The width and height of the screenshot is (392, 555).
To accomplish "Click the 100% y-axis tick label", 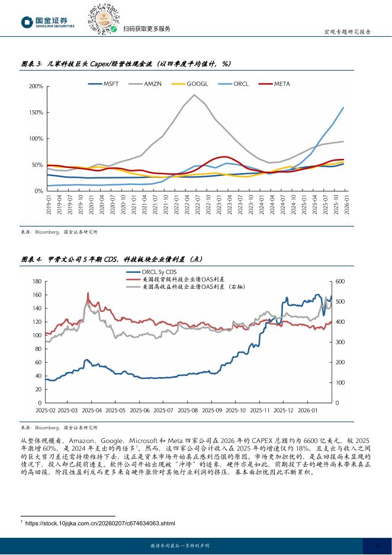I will coord(36,139).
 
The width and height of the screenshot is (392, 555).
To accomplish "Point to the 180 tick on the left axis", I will coord(35,282).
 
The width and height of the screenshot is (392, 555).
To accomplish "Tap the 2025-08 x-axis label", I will coord(187,410).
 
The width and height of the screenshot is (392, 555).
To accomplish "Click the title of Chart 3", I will coord(126,63).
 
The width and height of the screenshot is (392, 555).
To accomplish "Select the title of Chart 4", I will coord(120,259).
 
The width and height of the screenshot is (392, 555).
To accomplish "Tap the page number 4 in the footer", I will coord(378,546).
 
